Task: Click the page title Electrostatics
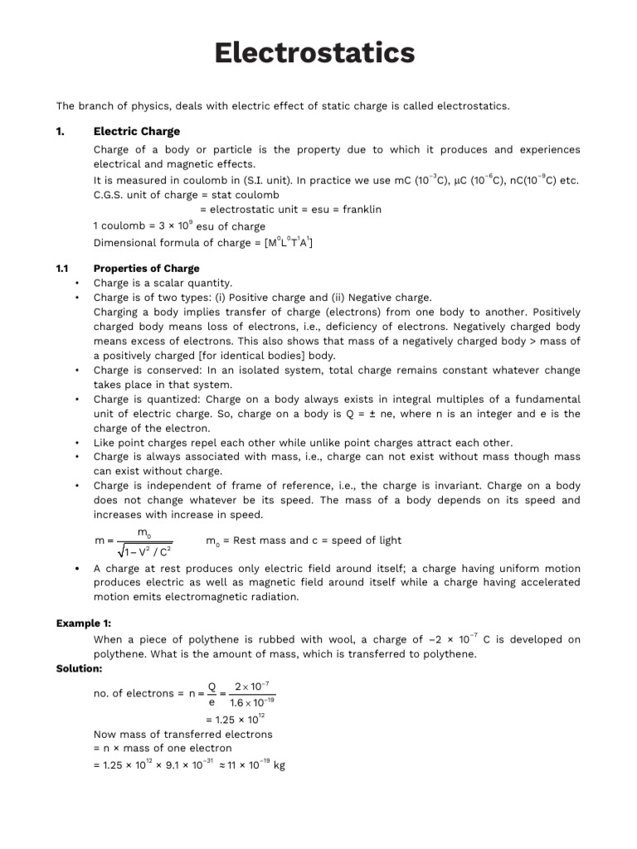[314, 53]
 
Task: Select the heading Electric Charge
[136, 131]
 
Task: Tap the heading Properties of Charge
[146, 268]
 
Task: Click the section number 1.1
[61, 268]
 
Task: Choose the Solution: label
[80, 668]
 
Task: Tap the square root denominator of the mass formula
[144, 549]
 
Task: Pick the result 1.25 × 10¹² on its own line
[234, 719]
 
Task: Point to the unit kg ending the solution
[279, 766]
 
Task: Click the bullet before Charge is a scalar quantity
[75, 283]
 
